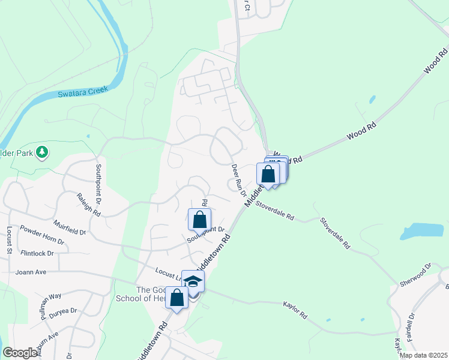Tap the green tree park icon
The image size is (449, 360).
[x=42, y=153]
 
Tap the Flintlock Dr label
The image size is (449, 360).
[x=38, y=254]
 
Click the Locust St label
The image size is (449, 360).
[x=10, y=240]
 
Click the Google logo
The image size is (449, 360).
[x=20, y=353]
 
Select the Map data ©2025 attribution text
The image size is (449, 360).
[x=423, y=355]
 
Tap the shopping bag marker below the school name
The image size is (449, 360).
[x=177, y=298]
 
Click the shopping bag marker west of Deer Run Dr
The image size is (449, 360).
[x=199, y=220]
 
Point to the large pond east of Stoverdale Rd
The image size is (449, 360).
[x=421, y=232]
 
